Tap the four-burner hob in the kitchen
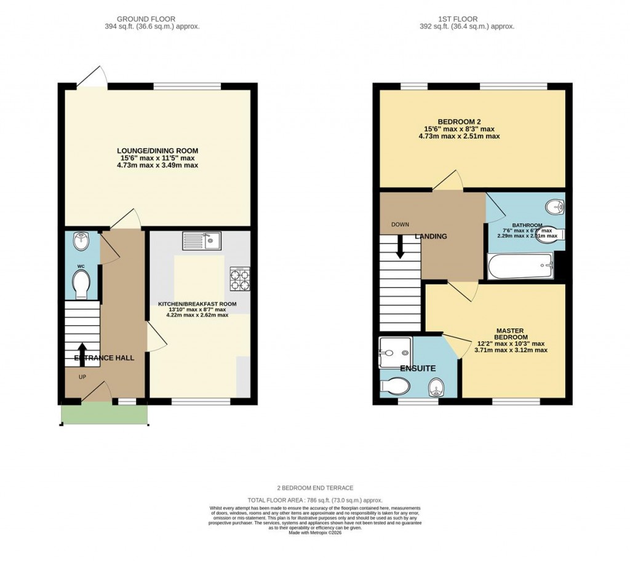click(x=240, y=280)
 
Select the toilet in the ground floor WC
click(x=81, y=283)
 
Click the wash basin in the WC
click(x=80, y=242)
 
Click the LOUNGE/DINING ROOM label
click(x=158, y=151)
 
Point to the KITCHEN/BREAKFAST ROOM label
click(x=197, y=304)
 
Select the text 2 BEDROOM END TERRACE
click(x=314, y=488)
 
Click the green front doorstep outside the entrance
click(x=105, y=415)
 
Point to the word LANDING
click(x=431, y=237)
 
